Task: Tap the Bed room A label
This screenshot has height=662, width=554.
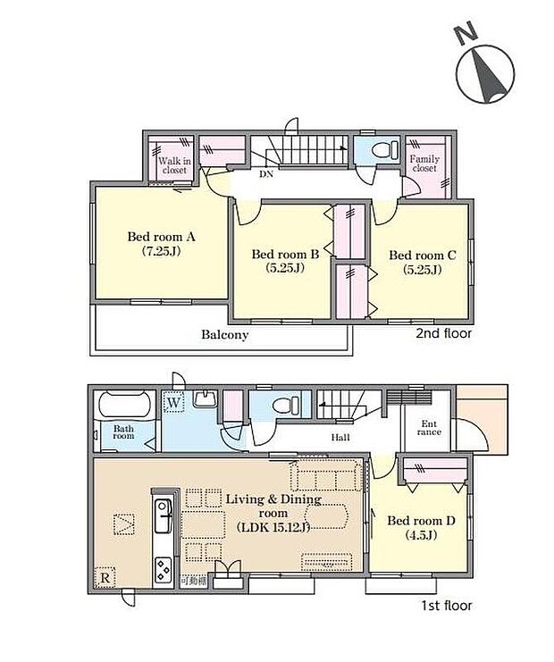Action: (x=161, y=243)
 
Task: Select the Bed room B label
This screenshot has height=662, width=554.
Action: (x=285, y=261)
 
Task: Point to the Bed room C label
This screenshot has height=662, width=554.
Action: (x=423, y=261)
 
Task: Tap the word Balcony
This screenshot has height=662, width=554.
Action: (x=223, y=336)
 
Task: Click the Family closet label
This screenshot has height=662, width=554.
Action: (x=424, y=163)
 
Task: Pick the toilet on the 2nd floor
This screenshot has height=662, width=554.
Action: (x=379, y=149)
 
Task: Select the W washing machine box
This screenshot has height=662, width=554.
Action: (x=173, y=403)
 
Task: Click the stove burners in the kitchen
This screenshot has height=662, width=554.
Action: (x=164, y=567)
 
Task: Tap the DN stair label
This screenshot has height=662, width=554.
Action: (x=266, y=175)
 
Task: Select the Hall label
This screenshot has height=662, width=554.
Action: (x=340, y=438)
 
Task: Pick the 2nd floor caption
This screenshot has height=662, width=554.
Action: (x=444, y=333)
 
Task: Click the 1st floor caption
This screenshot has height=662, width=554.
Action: (x=444, y=606)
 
